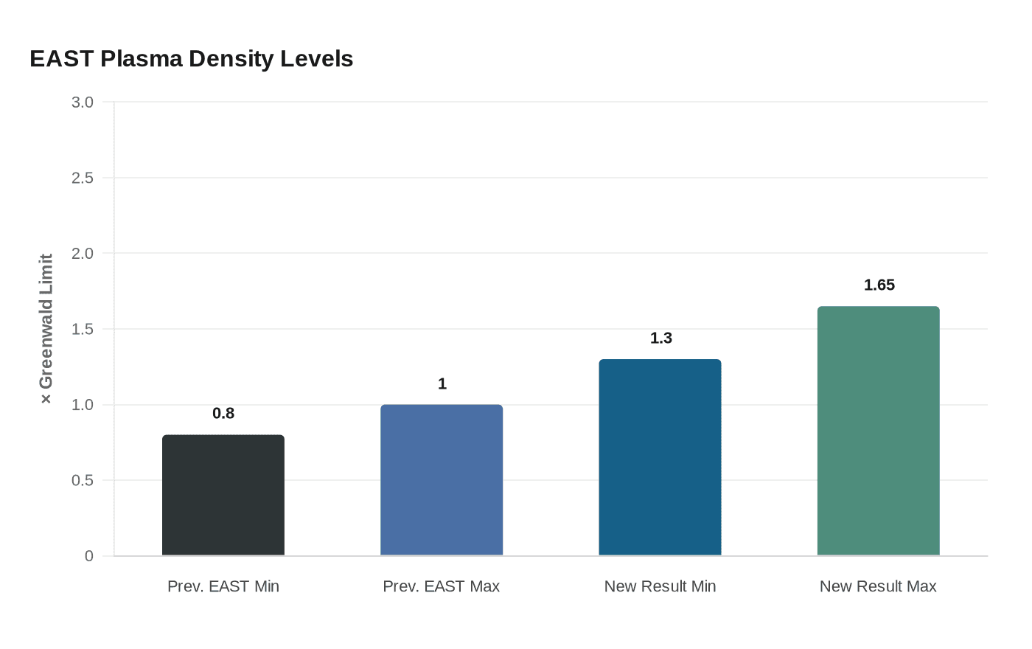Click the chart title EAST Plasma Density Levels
[x=192, y=59]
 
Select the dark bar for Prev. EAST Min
[x=223, y=495]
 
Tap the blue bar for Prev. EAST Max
[x=442, y=480]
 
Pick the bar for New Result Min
[x=660, y=457]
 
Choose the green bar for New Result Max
[x=878, y=431]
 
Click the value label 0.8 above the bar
[x=223, y=413]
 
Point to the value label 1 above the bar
[x=442, y=383]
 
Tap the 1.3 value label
[x=660, y=338]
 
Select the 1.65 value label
[x=879, y=285]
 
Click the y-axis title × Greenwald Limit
[x=46, y=329]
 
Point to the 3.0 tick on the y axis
[x=83, y=103]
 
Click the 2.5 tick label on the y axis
[x=83, y=178]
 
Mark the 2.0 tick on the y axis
[x=83, y=254]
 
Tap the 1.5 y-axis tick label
[x=83, y=329]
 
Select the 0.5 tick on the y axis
[x=83, y=480]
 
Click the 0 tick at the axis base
[x=89, y=556]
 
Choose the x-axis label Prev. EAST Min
[x=223, y=586]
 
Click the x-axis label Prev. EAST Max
[x=442, y=586]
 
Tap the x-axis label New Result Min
[x=660, y=586]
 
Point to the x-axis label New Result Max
[x=878, y=586]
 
